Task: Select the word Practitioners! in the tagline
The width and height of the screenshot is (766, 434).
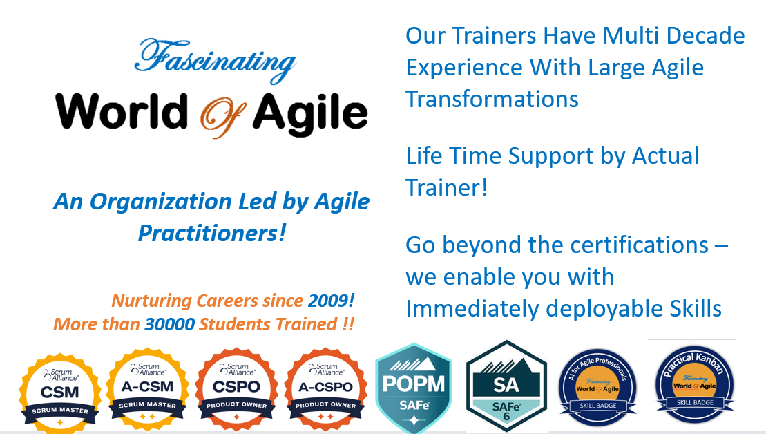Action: click(x=211, y=232)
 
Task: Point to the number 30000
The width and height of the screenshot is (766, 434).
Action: click(x=169, y=323)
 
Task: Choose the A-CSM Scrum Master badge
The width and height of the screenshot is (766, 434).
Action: click(x=146, y=388)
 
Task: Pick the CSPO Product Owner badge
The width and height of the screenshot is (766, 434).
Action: click(x=236, y=388)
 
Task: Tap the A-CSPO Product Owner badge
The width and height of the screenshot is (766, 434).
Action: click(x=324, y=388)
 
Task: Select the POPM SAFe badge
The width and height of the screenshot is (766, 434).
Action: click(x=413, y=387)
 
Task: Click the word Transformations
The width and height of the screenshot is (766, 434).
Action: click(x=492, y=99)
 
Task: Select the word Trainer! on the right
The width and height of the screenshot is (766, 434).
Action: click(x=447, y=187)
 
